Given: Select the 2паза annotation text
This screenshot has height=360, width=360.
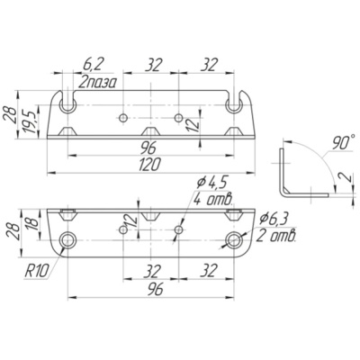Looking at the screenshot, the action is [96, 82].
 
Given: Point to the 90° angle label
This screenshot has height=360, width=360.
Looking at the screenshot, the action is [341, 143].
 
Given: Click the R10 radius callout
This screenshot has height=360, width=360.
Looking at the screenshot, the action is [36, 272].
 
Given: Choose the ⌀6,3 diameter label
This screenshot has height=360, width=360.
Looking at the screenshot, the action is [274, 220].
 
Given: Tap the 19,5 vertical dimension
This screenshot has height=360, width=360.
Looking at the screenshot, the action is [31, 121].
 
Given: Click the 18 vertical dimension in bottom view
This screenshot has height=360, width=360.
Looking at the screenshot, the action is [33, 222].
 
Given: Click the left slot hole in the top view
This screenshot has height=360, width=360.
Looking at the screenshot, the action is [68, 105].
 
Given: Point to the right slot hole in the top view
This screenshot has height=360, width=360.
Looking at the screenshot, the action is [234, 105].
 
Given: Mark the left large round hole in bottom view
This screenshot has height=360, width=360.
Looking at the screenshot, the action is [67, 240].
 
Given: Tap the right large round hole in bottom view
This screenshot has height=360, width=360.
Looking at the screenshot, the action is [234, 240].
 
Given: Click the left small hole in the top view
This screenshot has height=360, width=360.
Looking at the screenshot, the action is [122, 118].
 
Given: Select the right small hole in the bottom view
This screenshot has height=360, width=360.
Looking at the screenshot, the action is [179, 230].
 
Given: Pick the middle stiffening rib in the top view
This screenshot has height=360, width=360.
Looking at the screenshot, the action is [151, 131].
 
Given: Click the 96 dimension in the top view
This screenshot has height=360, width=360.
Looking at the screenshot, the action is [150, 148].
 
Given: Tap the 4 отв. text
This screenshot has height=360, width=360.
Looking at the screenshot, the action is [213, 199].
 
